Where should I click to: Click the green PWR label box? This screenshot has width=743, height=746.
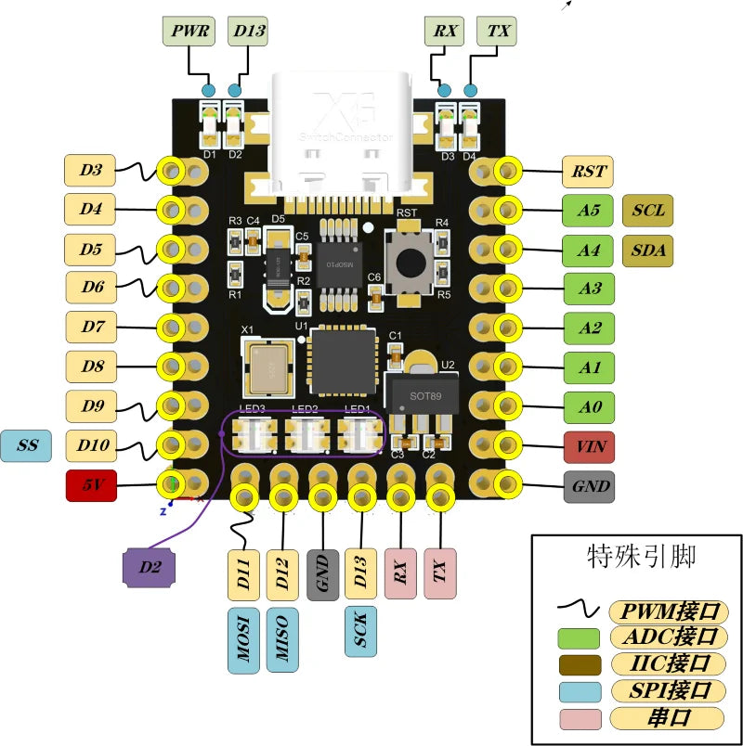[189, 32]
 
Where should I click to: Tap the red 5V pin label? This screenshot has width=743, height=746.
[90, 485]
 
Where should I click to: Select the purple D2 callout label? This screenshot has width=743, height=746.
[149, 567]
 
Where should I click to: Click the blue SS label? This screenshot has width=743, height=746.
[28, 445]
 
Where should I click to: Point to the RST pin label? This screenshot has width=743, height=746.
[588, 171]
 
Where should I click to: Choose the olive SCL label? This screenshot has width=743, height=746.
[647, 210]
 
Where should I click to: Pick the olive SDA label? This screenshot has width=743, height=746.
[647, 250]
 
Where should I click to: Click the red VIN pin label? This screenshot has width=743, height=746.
[589, 446]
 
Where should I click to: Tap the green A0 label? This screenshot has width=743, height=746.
[589, 406]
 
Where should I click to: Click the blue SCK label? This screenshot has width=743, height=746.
[360, 632]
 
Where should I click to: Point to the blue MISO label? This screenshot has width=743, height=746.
[283, 640]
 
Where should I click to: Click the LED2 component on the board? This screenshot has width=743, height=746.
[306, 433]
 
